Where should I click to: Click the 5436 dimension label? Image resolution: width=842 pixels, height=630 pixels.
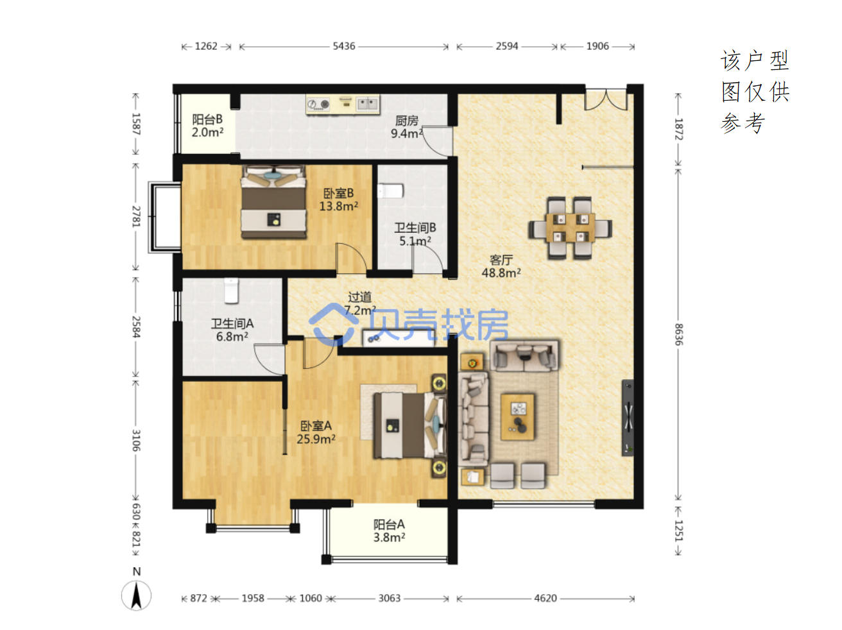pyautogui.click(x=343, y=46)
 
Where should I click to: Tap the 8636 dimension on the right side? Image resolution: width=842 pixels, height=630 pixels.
pyautogui.click(x=678, y=334)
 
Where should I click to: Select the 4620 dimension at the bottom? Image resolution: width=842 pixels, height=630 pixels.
pyautogui.click(x=545, y=598)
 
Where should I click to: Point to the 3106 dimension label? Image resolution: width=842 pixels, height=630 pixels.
pyautogui.click(x=136, y=440)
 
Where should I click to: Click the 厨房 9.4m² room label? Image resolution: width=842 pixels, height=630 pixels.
pyautogui.click(x=407, y=127)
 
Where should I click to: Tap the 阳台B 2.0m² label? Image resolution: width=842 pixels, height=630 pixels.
pyautogui.click(x=207, y=126)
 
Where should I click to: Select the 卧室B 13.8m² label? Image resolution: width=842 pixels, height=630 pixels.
pyautogui.click(x=339, y=200)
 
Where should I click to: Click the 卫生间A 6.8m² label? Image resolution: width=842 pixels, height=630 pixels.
pyautogui.click(x=232, y=330)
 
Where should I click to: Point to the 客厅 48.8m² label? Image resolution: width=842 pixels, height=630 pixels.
pyautogui.click(x=501, y=266)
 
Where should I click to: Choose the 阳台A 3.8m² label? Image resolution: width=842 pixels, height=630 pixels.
pyautogui.click(x=389, y=531)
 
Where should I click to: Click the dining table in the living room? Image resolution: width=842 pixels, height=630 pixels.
pyautogui.click(x=571, y=228)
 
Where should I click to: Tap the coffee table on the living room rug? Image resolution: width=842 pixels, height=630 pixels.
pyautogui.click(x=517, y=417)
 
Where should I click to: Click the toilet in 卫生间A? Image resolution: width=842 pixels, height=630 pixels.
pyautogui.click(x=231, y=291)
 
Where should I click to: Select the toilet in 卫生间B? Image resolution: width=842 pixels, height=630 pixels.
pyautogui.click(x=390, y=191)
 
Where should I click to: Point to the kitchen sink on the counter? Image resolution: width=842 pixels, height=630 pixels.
pyautogui.click(x=367, y=103)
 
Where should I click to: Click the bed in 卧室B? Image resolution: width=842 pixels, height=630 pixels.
pyautogui.click(x=273, y=201)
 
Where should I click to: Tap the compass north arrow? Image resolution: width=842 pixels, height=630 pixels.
pyautogui.click(x=136, y=595)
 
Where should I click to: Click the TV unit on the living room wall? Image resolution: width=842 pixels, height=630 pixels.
pyautogui.click(x=627, y=418)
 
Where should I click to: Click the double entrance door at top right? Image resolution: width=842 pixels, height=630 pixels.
pyautogui.click(x=606, y=99)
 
